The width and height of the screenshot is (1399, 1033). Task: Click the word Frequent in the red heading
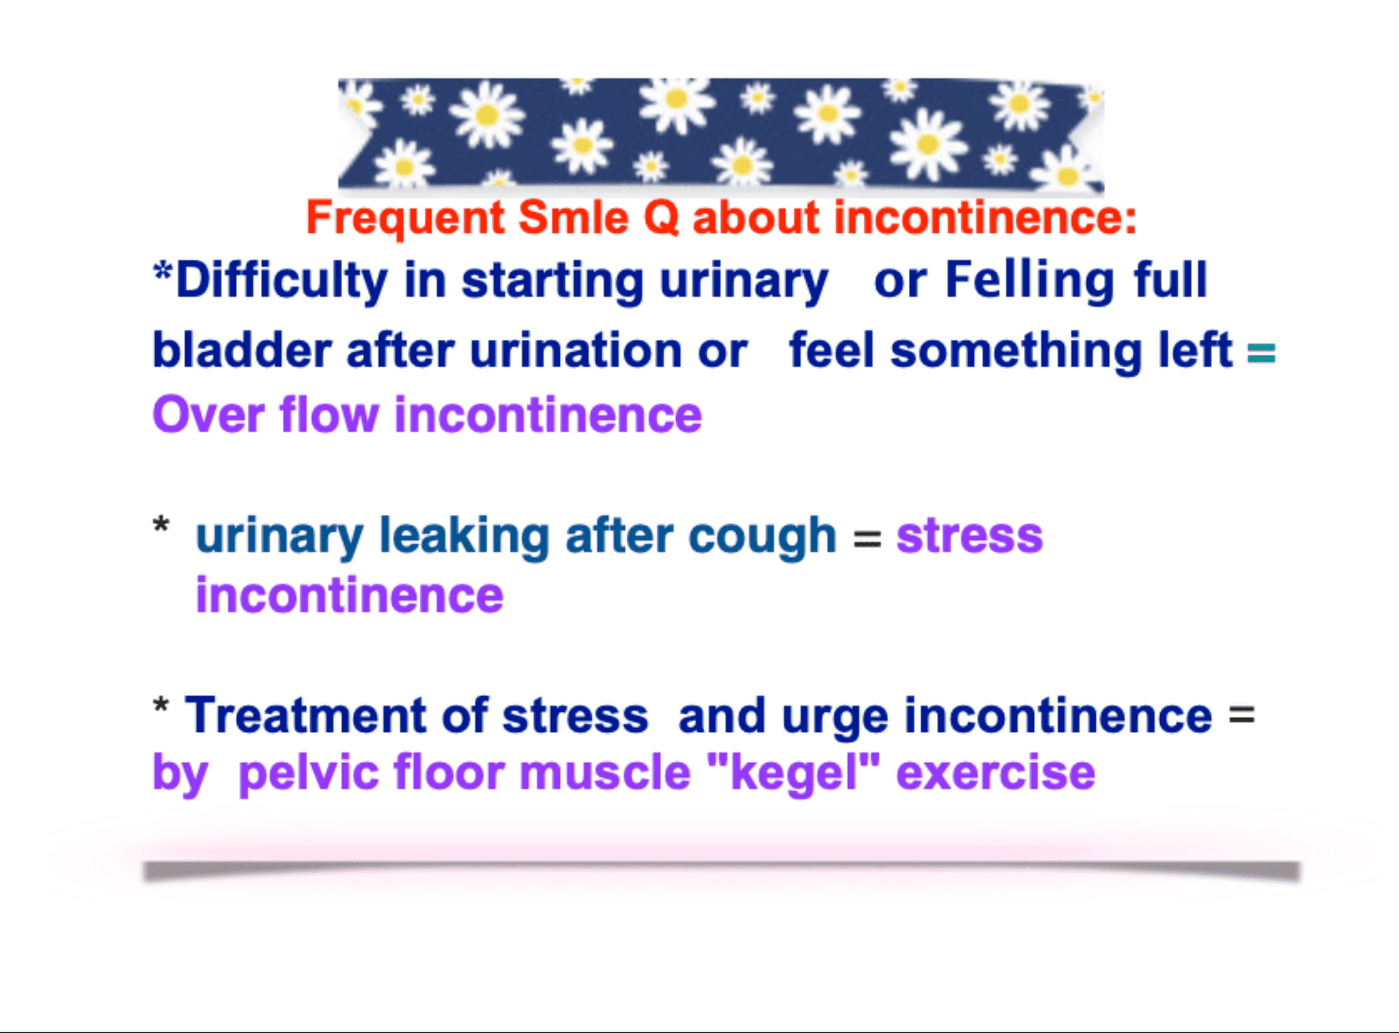[x=405, y=219]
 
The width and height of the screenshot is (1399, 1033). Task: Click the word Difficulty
[x=282, y=281]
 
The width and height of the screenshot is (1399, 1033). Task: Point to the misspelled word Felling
[x=1029, y=281]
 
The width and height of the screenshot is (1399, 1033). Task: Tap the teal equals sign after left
[x=1261, y=354]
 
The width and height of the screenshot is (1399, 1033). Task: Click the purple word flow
[x=330, y=414]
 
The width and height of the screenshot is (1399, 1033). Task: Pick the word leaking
[x=465, y=536]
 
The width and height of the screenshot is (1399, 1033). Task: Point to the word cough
[x=763, y=537]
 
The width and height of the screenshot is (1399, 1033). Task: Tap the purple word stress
[x=970, y=536]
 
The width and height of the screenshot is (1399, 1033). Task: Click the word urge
[x=835, y=718]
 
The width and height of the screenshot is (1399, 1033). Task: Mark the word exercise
[x=995, y=773]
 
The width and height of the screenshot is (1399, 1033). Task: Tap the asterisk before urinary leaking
[x=161, y=524]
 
